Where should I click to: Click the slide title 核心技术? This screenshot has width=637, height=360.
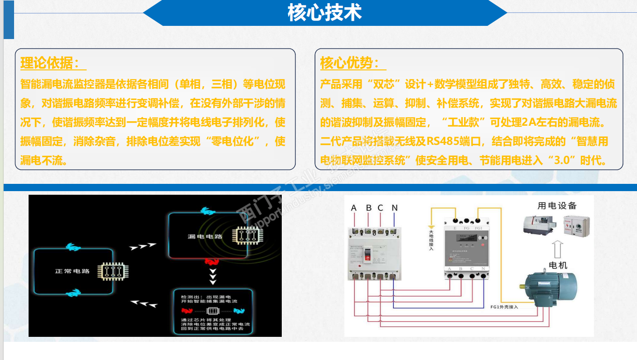point(324,13)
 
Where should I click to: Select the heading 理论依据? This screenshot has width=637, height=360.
point(50,63)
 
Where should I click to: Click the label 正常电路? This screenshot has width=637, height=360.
point(72,271)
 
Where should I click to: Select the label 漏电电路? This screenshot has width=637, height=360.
point(205,237)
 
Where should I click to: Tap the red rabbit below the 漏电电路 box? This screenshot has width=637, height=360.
point(211,262)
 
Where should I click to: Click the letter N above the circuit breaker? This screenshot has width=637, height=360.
point(394,208)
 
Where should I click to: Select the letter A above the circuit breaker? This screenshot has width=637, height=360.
point(354,208)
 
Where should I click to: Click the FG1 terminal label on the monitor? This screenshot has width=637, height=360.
point(478,228)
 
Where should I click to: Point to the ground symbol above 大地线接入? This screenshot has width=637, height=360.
point(431,227)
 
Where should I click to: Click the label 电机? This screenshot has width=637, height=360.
point(558,265)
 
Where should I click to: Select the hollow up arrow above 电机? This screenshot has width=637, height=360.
point(558,249)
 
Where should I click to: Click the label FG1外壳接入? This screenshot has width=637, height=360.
point(504,307)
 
